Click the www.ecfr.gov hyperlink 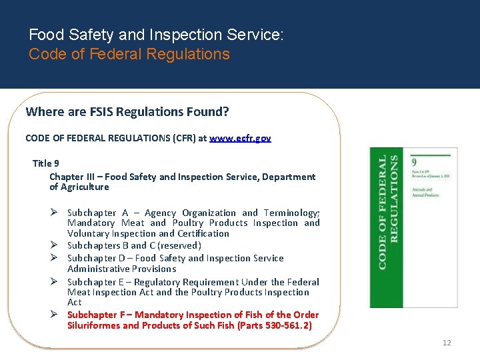pos(240,138)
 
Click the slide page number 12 pos(447,343)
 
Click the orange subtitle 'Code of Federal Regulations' pos(129,54)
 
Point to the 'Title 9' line pos(46,163)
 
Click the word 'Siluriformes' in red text pos(93,325)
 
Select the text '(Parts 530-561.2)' pos(274,325)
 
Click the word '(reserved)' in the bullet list pos(179,245)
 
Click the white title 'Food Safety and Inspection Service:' pos(156,35)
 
